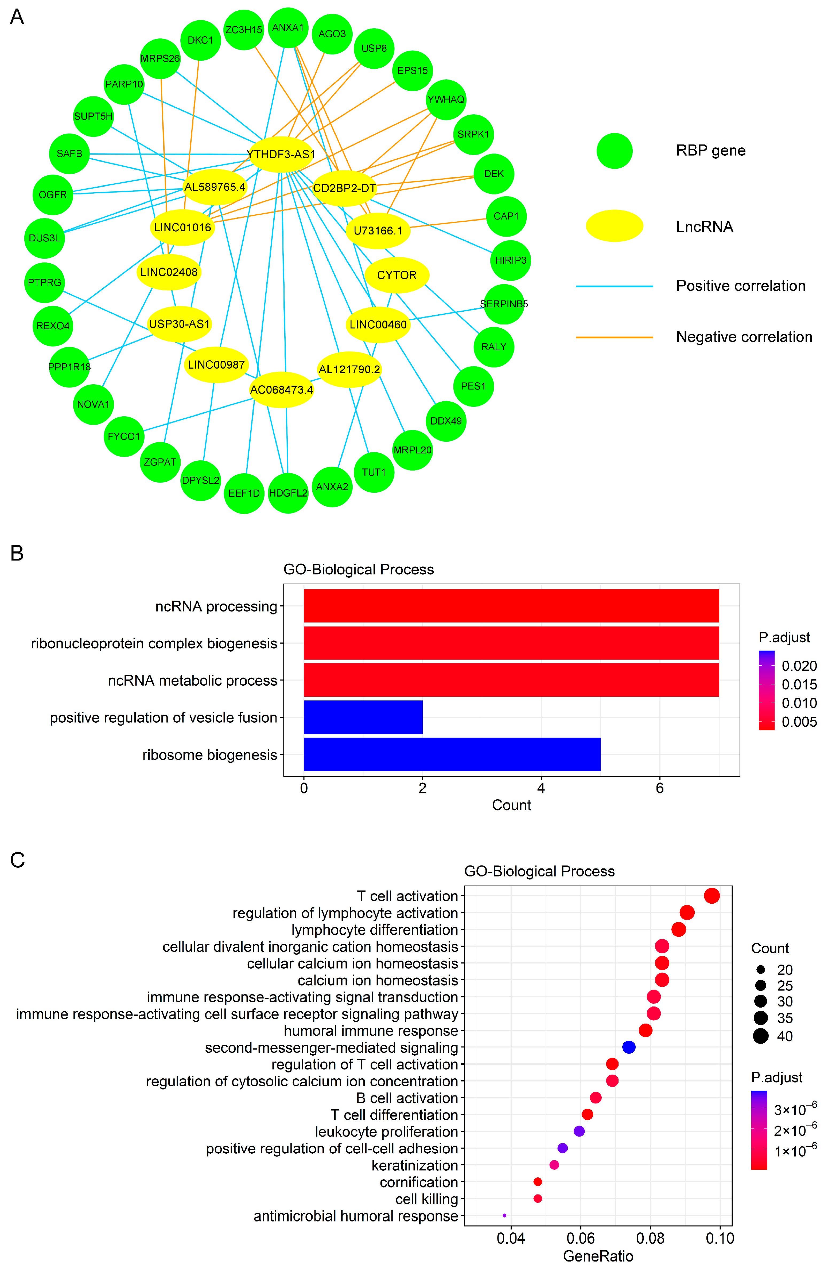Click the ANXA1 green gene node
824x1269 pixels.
pos(288,28)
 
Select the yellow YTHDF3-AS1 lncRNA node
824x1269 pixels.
pos(281,155)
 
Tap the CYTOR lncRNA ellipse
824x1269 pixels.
pos(397,275)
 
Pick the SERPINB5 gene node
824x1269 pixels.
pos(503,304)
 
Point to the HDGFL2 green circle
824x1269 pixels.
pos(288,493)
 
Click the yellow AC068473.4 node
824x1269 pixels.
pos(282,390)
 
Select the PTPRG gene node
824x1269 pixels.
pos(45,283)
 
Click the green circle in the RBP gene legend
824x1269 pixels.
pos(615,151)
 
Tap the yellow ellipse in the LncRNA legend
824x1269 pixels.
pos(615,226)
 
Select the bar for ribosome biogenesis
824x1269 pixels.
pos(452,754)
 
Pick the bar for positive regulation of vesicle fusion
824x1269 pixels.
pos(363,717)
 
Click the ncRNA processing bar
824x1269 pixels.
pos(511,606)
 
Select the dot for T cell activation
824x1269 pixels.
pos(712,896)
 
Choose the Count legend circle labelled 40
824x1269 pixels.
pos(760,1036)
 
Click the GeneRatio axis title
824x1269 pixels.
pos(598,1256)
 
